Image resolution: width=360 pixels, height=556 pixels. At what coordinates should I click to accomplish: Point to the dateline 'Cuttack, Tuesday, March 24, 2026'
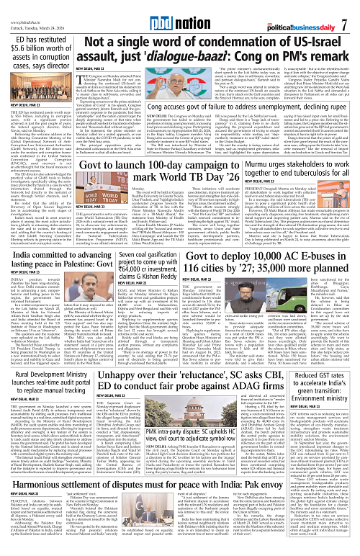pos(26,18)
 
